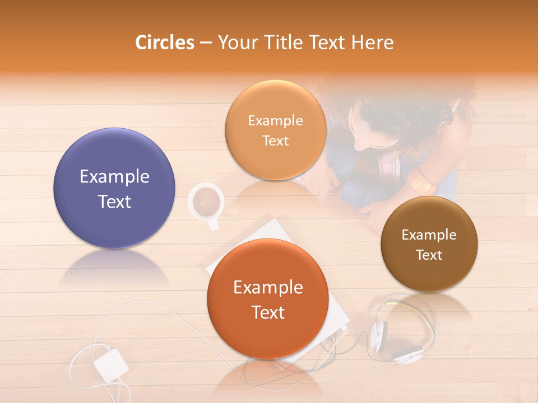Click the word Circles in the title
pos(165,43)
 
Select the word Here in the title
pos(372,43)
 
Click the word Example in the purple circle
pos(114,177)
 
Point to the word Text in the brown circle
pos(429,255)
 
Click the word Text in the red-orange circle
pos(268,312)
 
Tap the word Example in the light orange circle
pos(275,121)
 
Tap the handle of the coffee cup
pos(213,225)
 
